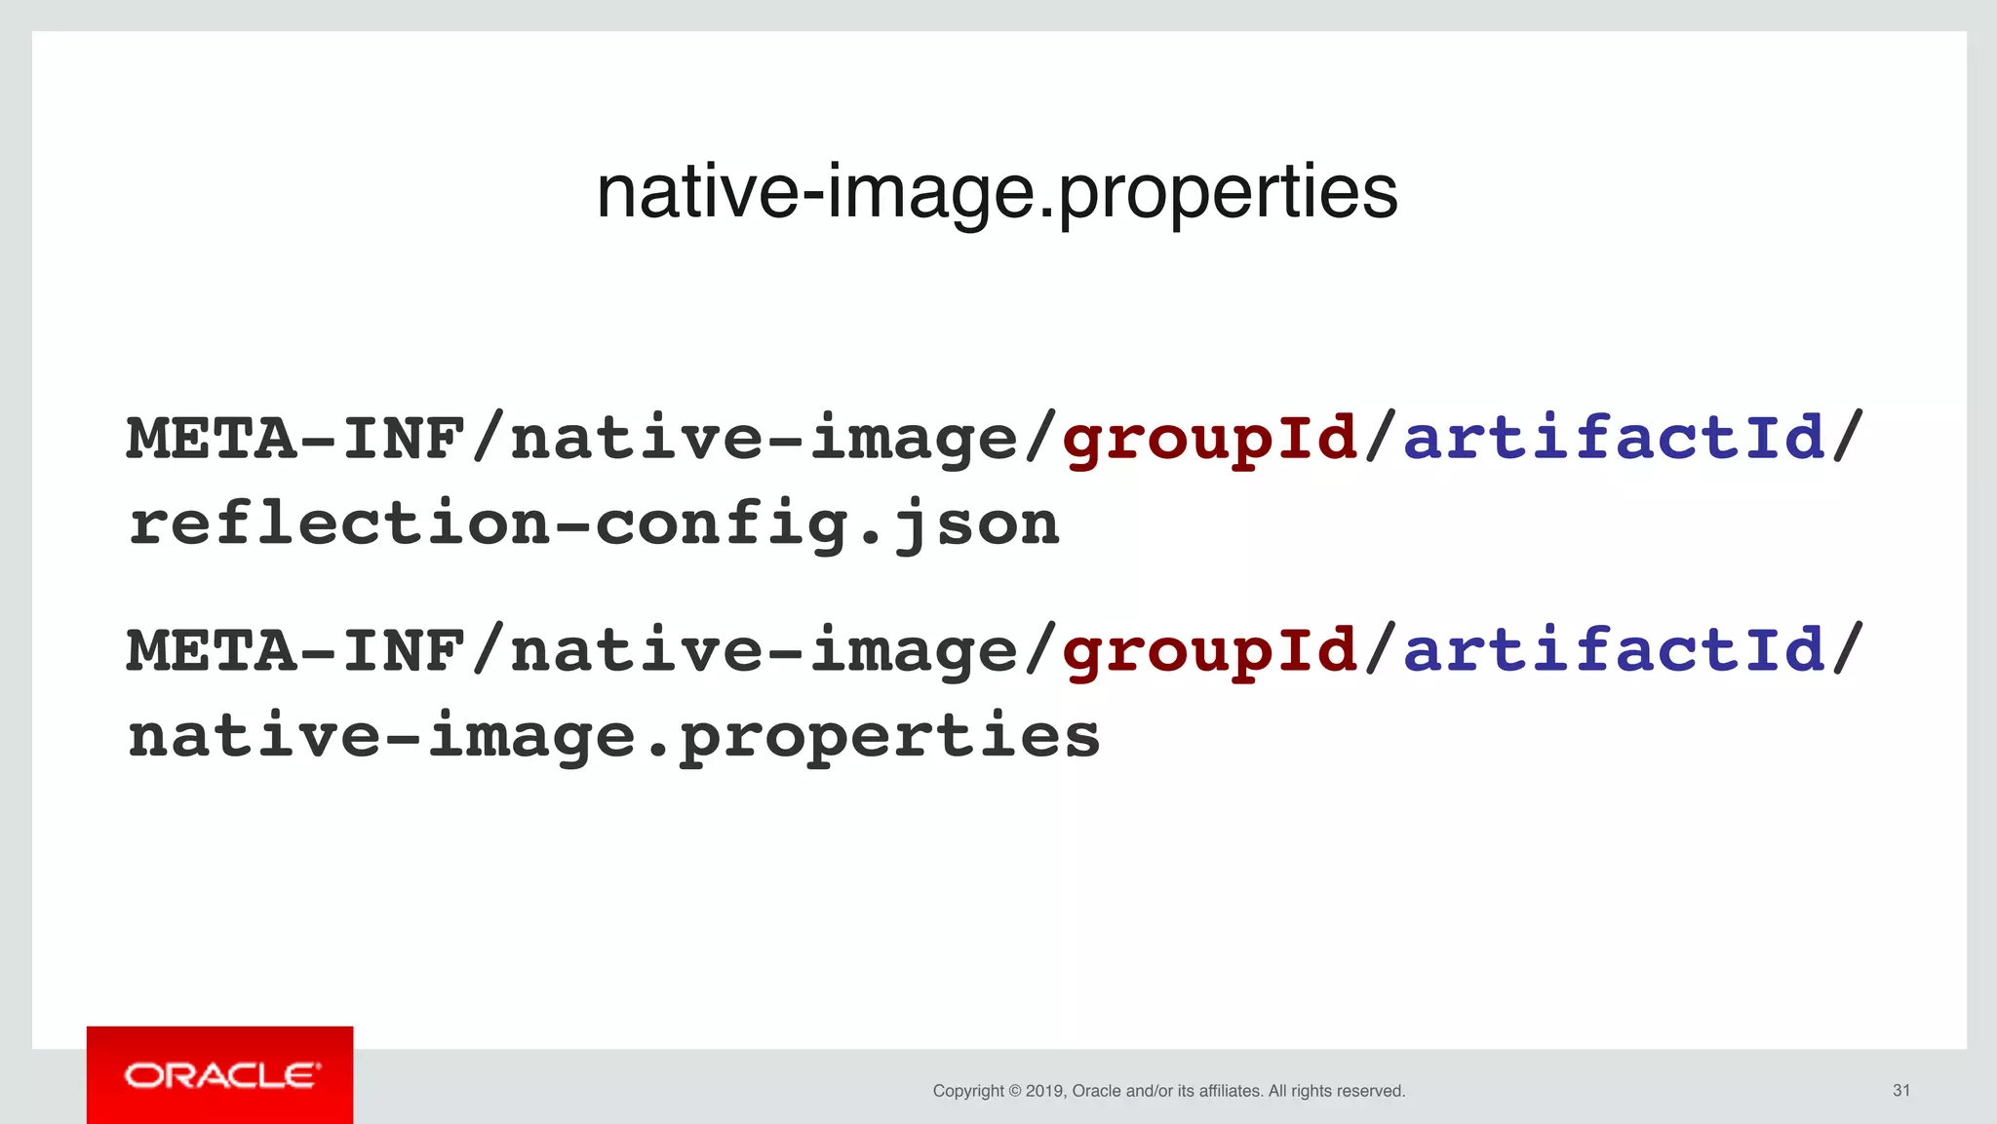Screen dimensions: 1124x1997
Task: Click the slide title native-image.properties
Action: pos(997,192)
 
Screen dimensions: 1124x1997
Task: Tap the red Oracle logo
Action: pos(220,1075)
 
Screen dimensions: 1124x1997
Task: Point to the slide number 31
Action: pos(1900,1090)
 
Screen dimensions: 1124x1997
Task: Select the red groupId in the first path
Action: pos(1210,438)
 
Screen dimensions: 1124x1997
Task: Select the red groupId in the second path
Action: pos(1210,650)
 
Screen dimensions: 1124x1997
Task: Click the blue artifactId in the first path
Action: pos(1614,438)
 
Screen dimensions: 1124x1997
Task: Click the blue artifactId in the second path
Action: pos(1614,650)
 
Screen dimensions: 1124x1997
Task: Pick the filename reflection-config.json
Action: pos(594,523)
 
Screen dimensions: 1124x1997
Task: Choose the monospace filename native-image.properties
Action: pos(614,736)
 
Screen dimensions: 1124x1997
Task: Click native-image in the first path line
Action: pos(764,438)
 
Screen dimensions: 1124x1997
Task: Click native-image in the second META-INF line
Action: pos(764,650)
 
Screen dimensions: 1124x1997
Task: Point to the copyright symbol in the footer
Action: pos(1014,1091)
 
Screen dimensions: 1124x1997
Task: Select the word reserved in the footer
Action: pos(1370,1091)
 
